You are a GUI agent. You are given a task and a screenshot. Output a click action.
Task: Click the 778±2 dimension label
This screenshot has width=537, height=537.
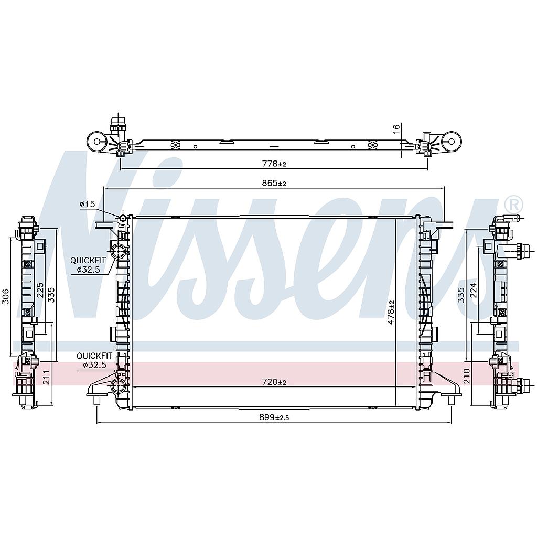coord(274,164)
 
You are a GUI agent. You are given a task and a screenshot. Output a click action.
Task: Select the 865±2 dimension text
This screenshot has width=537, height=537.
coord(274,183)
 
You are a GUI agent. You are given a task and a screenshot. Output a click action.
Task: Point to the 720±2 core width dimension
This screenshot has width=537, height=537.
coord(274,382)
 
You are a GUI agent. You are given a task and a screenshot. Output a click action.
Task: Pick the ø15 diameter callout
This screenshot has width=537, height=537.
coord(87,204)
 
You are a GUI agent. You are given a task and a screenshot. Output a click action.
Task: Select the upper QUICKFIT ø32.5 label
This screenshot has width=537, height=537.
coord(89,264)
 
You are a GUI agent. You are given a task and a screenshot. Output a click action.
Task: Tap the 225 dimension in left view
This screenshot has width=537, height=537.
coord(40,290)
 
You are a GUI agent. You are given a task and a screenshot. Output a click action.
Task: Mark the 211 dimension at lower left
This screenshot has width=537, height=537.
coord(47,377)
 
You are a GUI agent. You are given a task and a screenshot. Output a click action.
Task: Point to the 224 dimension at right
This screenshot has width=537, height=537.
coord(474,289)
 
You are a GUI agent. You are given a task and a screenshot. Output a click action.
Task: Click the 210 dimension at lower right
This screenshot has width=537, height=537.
coord(467,375)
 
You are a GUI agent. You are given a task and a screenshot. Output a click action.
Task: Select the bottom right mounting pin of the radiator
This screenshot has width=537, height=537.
coord(451,401)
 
